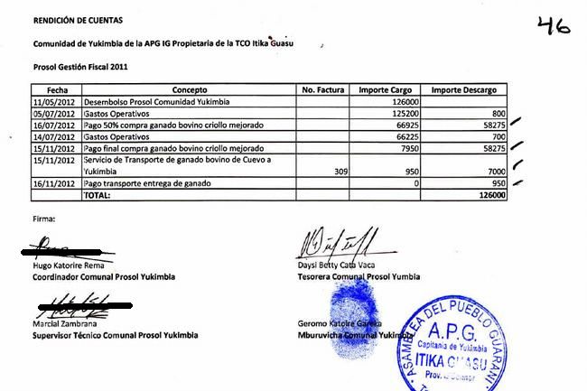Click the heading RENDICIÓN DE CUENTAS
click(78, 19)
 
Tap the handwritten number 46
click(553, 25)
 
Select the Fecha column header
click(57, 91)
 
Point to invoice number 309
click(342, 171)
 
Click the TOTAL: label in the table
click(97, 194)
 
